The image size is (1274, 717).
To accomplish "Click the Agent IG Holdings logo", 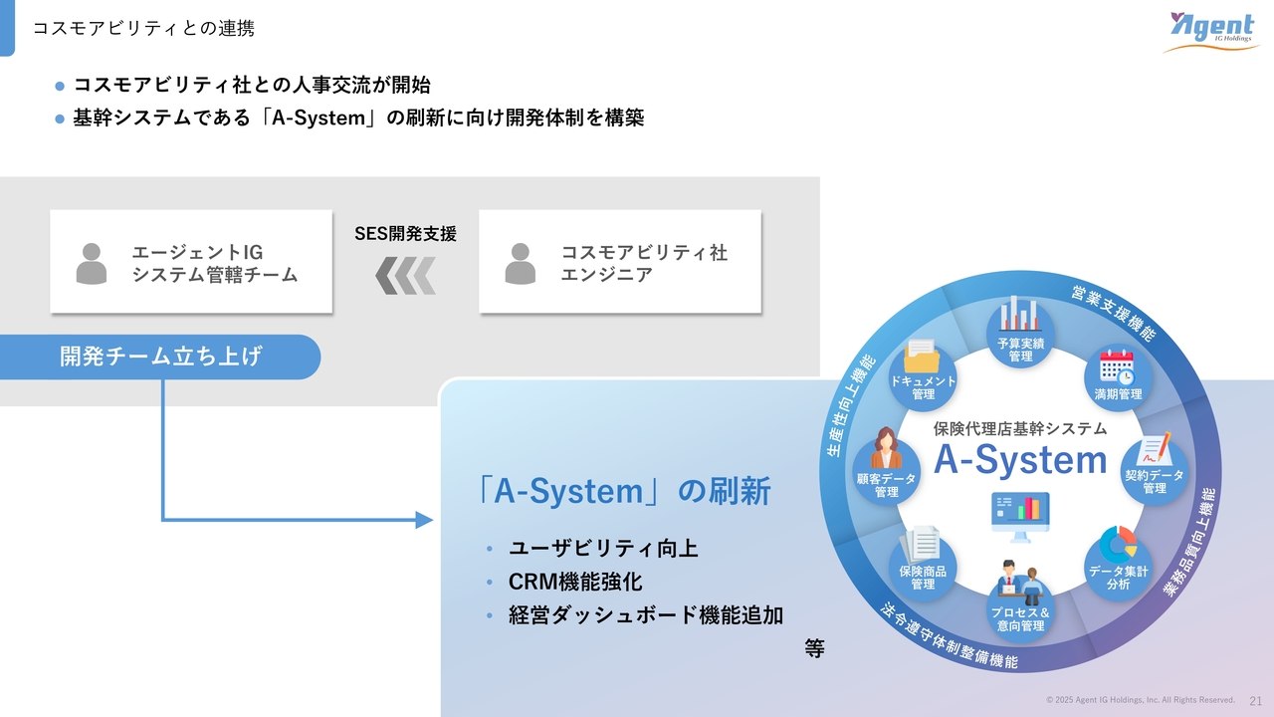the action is point(1211,31).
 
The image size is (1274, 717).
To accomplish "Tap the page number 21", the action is point(1255,701).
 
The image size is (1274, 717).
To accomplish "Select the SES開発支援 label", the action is point(405,233).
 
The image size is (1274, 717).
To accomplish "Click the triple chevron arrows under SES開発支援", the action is point(405,276).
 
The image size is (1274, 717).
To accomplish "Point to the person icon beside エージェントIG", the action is point(92,264).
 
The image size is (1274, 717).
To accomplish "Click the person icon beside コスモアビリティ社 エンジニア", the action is point(521,264).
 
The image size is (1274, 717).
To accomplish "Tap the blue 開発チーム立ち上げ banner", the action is point(160,357).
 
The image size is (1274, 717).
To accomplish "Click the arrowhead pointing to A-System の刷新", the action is point(424,520).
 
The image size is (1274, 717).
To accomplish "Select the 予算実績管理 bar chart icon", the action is point(1021,314).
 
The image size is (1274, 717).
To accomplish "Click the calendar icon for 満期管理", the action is point(1117,367).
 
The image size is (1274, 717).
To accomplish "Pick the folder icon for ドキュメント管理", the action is point(922,357).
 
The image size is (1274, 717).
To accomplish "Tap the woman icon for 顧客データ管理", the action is point(886,448).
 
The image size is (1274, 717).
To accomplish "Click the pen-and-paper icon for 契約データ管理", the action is point(1154,448).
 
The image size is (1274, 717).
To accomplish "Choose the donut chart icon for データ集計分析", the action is point(1118,544).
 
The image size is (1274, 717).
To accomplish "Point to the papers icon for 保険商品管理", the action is point(921,544).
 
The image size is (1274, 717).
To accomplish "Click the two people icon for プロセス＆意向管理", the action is point(1020,583).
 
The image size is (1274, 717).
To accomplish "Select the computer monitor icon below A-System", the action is point(1020,517).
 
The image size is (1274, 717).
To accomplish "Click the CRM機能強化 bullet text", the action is point(575,582).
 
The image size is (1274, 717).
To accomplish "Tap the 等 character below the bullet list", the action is point(814,648).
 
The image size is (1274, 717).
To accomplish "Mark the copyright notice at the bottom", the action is point(1141,700).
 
